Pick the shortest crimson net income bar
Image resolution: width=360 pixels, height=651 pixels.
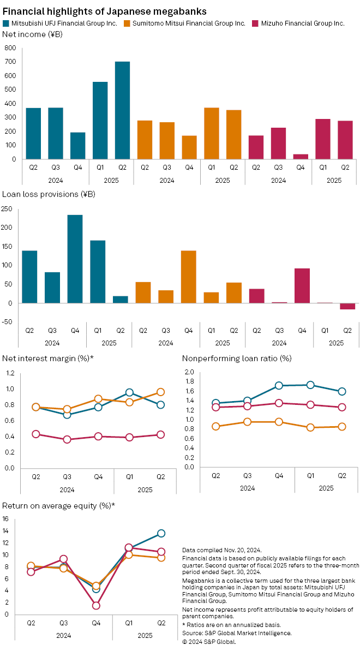pos(301,157)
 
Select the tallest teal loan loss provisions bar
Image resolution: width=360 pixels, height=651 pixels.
pos(75,259)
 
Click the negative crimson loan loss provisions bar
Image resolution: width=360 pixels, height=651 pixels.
pos(347,306)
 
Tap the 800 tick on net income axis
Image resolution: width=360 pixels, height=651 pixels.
pos(9,48)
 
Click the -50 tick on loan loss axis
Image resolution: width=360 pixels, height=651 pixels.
pos(8,322)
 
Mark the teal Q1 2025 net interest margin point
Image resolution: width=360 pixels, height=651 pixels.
pos(129,392)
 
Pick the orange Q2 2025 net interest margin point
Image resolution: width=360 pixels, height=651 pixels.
pos(160,392)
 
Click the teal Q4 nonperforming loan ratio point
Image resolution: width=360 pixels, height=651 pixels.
pos(279,385)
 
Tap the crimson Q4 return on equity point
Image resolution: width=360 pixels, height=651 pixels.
pos(96,605)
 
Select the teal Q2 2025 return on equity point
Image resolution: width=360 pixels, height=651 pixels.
pos(161,533)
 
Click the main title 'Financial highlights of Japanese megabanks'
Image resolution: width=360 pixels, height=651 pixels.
pos(104,10)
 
